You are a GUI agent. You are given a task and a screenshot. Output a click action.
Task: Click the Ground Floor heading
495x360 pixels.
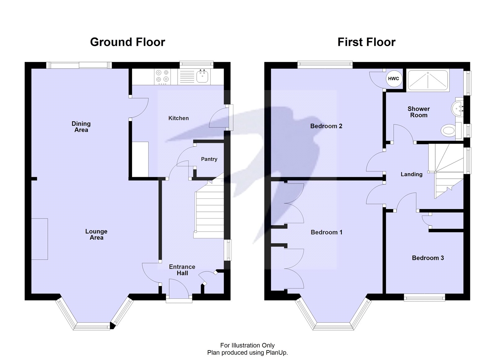tap(127, 42)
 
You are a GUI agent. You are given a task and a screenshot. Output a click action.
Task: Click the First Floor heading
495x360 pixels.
tap(366, 42)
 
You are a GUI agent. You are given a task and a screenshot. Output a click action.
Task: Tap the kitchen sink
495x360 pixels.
tap(202, 76)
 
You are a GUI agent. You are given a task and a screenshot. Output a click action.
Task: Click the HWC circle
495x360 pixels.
tap(393, 79)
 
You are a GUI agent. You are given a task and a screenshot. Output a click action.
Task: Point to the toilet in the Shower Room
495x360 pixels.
tap(448, 130)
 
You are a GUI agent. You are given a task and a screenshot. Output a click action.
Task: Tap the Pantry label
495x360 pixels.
tap(209, 159)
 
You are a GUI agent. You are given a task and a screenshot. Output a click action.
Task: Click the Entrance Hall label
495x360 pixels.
tap(182, 270)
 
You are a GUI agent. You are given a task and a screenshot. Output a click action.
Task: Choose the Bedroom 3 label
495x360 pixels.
tap(428, 258)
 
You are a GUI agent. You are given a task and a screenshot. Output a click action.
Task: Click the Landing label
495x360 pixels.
tap(411, 174)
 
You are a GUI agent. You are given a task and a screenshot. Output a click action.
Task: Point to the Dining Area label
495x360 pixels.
tap(81, 127)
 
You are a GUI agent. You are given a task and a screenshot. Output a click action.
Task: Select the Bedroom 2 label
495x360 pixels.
tap(326, 126)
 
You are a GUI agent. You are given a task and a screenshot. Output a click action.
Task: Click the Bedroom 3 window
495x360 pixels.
tap(424, 297)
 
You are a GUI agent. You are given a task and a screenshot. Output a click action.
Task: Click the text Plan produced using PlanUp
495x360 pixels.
tap(247, 353)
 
